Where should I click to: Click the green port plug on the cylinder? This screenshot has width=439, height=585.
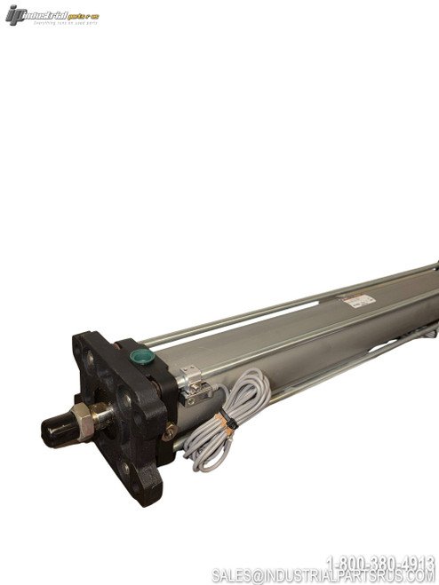click(140, 357)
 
